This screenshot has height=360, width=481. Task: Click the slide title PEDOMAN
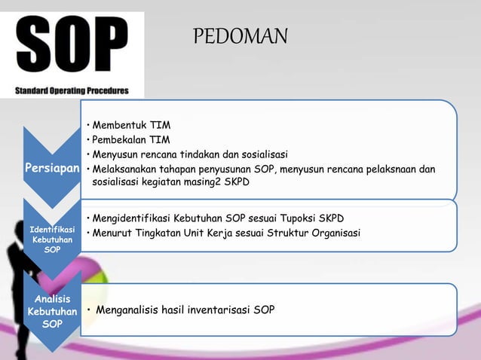[240, 36]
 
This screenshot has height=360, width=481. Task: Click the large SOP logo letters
[72, 47]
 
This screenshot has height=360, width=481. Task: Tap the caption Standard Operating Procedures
[72, 91]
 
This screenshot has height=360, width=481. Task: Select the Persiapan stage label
[51, 169]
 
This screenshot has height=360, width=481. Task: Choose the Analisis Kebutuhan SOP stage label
[51, 310]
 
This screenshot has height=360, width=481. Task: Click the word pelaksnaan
[391, 169]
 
